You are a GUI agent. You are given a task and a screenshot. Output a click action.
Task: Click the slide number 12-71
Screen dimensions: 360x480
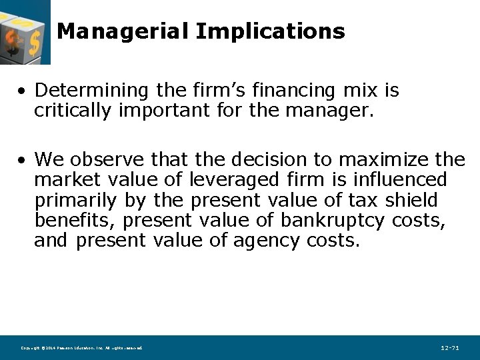[x=450, y=348]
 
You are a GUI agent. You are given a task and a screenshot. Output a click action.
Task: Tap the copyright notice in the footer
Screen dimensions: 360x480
[x=81, y=348]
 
